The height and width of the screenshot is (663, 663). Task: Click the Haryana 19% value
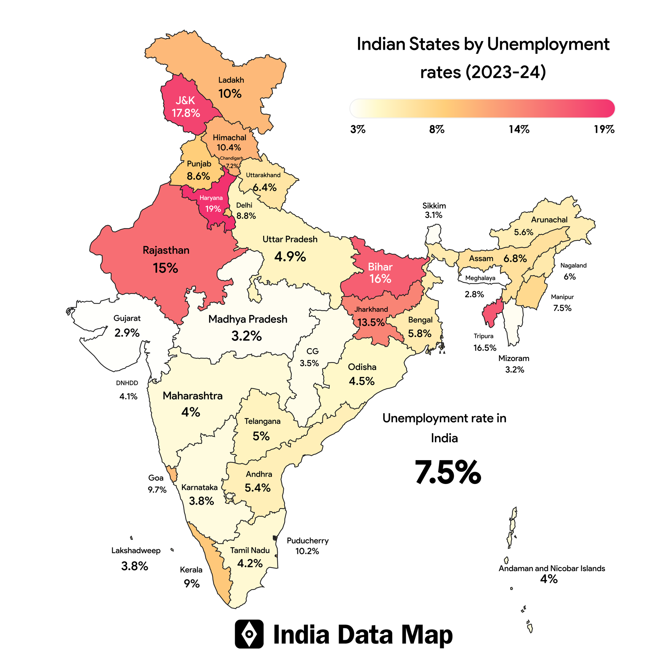pyautogui.click(x=213, y=209)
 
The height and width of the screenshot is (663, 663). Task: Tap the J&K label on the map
pyautogui.click(x=185, y=100)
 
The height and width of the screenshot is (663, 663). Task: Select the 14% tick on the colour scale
pyautogui.click(x=519, y=129)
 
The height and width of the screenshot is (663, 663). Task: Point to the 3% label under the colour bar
pyautogui.click(x=358, y=129)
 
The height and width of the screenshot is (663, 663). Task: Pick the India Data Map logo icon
pyautogui.click(x=249, y=634)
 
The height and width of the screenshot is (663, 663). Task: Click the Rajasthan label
pyautogui.click(x=166, y=250)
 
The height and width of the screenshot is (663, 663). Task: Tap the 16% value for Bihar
pyautogui.click(x=380, y=279)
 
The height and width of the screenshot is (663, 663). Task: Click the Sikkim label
pyautogui.click(x=434, y=206)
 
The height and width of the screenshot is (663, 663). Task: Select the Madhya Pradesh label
pyautogui.click(x=248, y=319)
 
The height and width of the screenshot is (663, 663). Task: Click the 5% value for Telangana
pyautogui.click(x=261, y=436)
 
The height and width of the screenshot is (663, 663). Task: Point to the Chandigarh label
pyautogui.click(x=231, y=158)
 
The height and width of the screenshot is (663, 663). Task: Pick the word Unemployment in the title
pyautogui.click(x=548, y=44)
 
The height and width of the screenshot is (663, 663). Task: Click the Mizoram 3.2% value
pyautogui.click(x=514, y=370)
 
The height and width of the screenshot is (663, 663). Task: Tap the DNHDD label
pyautogui.click(x=127, y=383)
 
